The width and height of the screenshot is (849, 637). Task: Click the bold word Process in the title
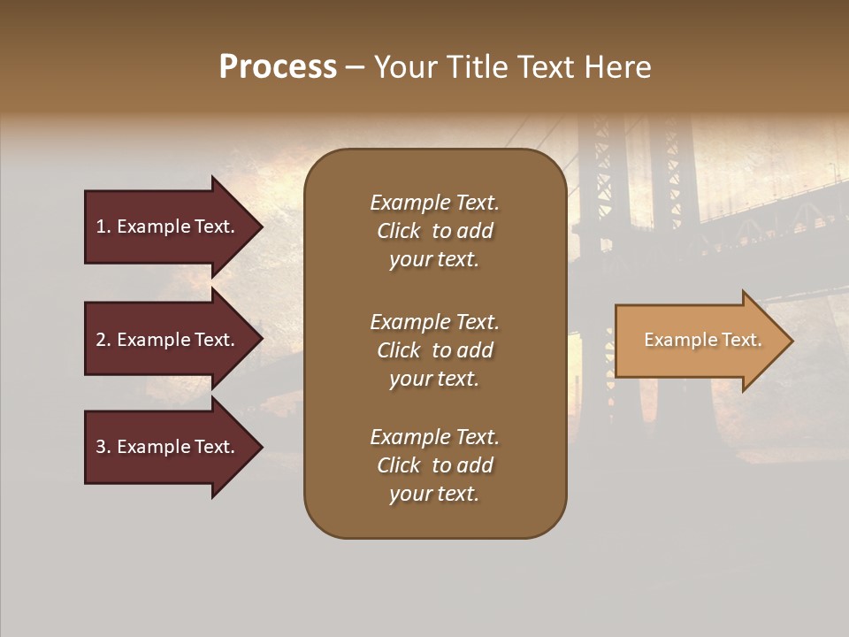[x=278, y=67]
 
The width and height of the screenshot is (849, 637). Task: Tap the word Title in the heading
[x=478, y=67]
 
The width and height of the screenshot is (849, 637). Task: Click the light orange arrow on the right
[x=699, y=341]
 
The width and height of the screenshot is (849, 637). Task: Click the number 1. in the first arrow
[x=103, y=226]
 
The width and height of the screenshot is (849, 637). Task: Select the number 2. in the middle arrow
[x=103, y=340]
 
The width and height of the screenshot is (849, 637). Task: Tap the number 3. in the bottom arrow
[x=103, y=447]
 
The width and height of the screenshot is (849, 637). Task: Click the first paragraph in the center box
[x=434, y=231]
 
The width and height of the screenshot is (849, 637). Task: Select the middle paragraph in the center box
[x=434, y=350]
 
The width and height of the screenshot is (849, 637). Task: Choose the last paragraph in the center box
[x=434, y=465]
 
